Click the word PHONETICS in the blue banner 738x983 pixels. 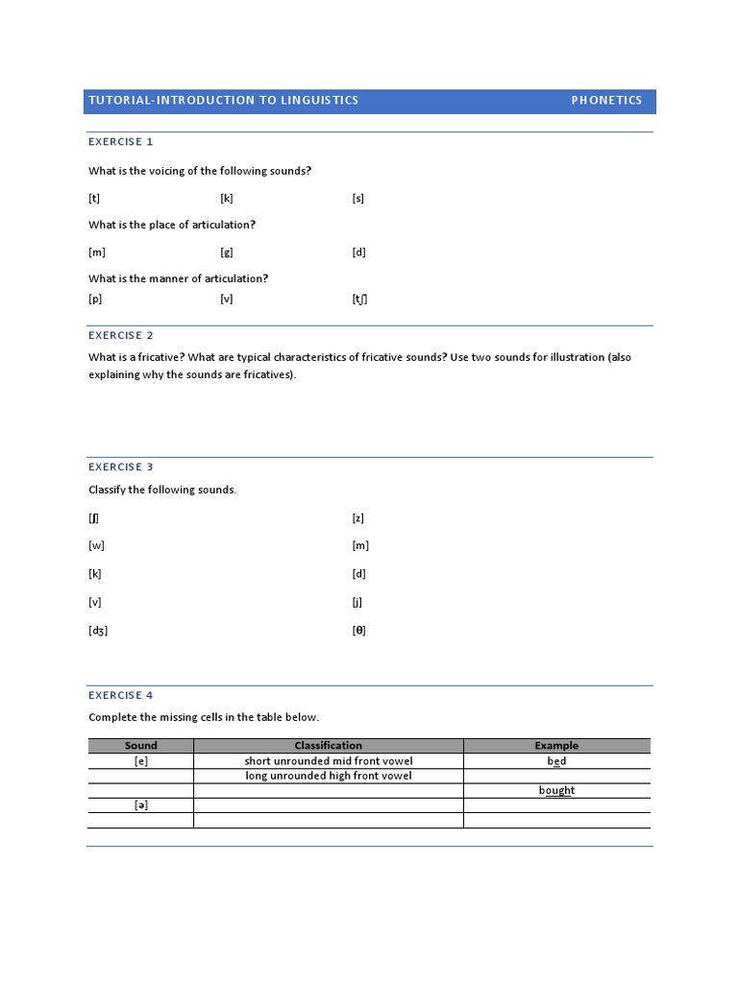[x=606, y=101]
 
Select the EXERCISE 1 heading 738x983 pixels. [x=121, y=142]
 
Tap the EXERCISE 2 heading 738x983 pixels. [x=121, y=336]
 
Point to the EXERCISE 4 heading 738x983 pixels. [x=121, y=695]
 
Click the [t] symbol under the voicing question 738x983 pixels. [x=94, y=199]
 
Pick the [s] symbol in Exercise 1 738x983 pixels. [x=358, y=199]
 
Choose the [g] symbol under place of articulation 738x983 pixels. [x=227, y=252]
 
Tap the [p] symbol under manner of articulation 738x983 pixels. [x=95, y=299]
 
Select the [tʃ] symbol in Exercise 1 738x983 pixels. [x=359, y=299]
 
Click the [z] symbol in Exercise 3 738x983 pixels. [x=358, y=518]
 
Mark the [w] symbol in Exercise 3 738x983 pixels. [x=96, y=546]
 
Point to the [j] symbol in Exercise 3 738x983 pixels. [x=357, y=603]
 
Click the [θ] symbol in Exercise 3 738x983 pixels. [x=358, y=631]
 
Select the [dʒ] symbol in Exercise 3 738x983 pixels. [x=98, y=631]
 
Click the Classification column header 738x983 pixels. [x=329, y=746]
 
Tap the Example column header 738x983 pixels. [x=556, y=746]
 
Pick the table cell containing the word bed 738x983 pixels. [x=556, y=761]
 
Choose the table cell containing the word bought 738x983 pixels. [x=556, y=791]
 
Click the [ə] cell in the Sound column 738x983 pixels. [x=141, y=805]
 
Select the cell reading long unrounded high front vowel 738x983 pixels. [x=329, y=776]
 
